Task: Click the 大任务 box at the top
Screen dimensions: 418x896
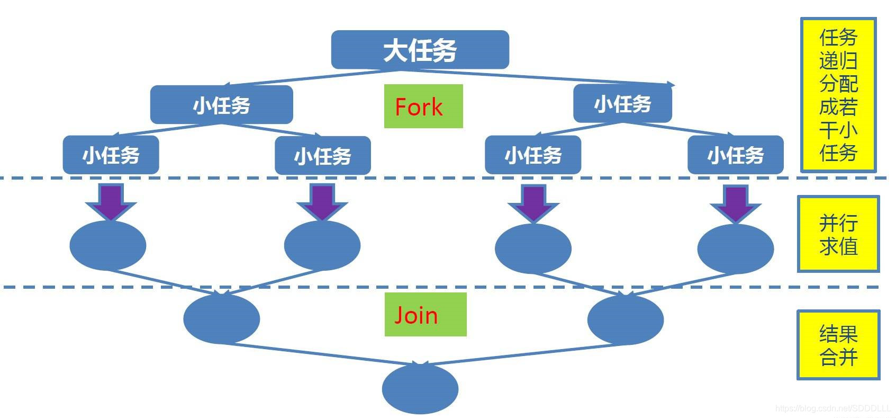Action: pyautogui.click(x=420, y=50)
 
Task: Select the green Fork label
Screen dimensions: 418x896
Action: pyautogui.click(x=423, y=106)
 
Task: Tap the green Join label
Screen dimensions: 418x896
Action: pyautogui.click(x=425, y=315)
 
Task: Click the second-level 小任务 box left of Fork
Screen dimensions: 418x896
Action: pyautogui.click(x=221, y=105)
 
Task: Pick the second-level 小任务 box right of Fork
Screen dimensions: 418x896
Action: pyautogui.click(x=622, y=104)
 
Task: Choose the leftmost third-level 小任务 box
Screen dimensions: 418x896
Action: pyautogui.click(x=111, y=155)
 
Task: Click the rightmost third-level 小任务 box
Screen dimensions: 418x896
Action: pyautogui.click(x=735, y=155)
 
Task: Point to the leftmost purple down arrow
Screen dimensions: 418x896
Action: pyautogui.click(x=111, y=201)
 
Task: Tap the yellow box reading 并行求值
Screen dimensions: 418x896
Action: pyautogui.click(x=838, y=234)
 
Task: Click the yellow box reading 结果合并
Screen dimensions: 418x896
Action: pyautogui.click(x=838, y=345)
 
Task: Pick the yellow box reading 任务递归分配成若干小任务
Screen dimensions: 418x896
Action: pyautogui.click(x=838, y=95)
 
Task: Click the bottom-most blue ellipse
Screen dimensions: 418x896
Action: pyautogui.click(x=420, y=388)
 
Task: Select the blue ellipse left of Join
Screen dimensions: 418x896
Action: pyautogui.click(x=221, y=319)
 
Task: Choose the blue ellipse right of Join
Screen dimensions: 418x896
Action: pyautogui.click(x=625, y=319)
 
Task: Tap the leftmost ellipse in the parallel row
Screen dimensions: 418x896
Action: pyautogui.click(x=108, y=245)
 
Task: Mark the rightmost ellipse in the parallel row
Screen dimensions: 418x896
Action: pyautogui.click(x=736, y=248)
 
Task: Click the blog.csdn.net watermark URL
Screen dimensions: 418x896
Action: pyautogui.click(x=833, y=408)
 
